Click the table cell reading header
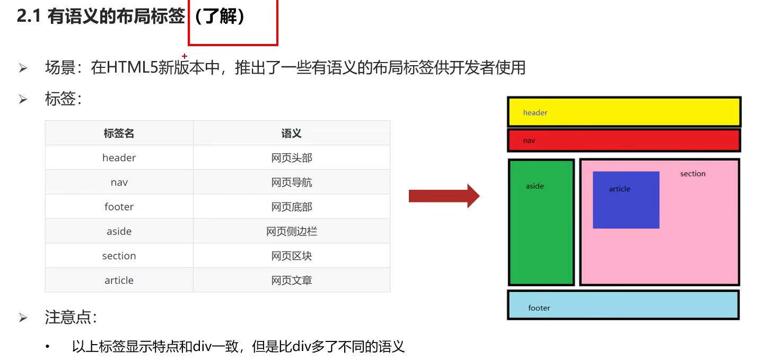coord(119,158)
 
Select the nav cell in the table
coord(119,182)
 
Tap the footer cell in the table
coord(119,207)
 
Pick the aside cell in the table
coord(119,231)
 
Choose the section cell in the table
coord(119,256)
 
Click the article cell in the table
coord(119,280)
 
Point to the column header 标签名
coord(119,133)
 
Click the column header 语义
coord(291,133)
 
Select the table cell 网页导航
coord(291,182)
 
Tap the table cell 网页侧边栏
coord(291,231)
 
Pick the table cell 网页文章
coord(291,280)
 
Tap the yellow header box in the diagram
coord(624,112)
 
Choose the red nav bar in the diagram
coord(624,141)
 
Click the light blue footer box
coord(624,305)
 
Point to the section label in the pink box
coord(693,174)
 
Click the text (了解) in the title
coord(219,17)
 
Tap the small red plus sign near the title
coord(185,56)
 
